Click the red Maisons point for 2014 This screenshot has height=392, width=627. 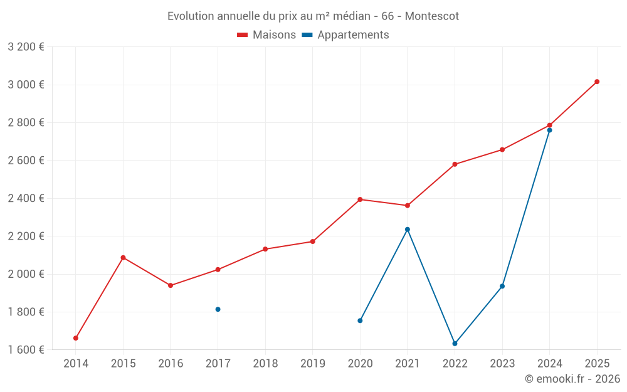click(76, 338)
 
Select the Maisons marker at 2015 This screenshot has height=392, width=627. click(123, 258)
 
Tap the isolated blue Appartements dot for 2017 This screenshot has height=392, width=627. click(218, 309)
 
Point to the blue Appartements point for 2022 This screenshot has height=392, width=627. click(455, 344)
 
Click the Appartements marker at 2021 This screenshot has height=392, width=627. click(408, 230)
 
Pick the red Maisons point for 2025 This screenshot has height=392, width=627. click(597, 82)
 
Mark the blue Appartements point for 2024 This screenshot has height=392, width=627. click(550, 130)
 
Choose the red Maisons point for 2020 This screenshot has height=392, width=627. click(360, 199)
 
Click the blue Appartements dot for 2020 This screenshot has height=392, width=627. click(360, 320)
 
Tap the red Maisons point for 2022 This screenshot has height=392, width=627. click(455, 164)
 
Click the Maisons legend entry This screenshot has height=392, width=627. click(266, 35)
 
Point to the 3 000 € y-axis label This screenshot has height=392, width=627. click(26, 85)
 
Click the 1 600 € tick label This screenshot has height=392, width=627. click(26, 350)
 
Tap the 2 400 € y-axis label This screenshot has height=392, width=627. click(26, 198)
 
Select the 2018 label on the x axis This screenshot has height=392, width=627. click(265, 363)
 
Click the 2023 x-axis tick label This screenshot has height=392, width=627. click(502, 363)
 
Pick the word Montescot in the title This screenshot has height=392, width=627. click(431, 16)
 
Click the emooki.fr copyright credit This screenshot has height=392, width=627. click(572, 379)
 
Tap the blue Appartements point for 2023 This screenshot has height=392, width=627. click(502, 286)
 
